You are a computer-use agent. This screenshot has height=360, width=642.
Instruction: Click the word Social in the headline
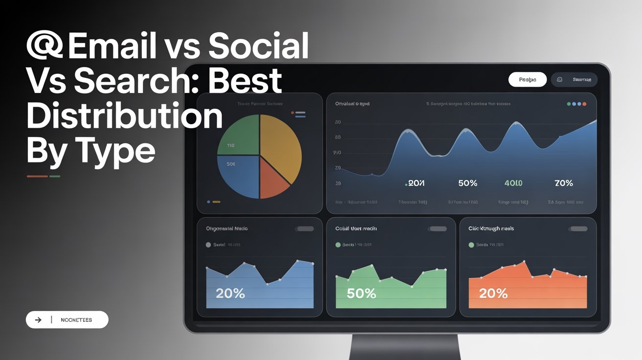point(258,45)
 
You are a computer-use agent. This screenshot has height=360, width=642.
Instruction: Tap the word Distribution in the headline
point(124,115)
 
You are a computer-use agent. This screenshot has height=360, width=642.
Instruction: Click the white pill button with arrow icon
point(67,320)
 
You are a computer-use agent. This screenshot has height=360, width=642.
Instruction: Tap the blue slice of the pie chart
point(238,176)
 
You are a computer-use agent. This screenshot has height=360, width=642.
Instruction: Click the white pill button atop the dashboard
point(527,80)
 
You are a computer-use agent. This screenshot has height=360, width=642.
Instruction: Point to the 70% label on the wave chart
point(563,183)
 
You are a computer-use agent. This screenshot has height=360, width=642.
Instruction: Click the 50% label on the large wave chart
point(467,183)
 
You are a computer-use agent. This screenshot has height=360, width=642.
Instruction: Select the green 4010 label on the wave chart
point(513,183)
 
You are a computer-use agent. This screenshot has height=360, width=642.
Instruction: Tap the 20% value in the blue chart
point(230,293)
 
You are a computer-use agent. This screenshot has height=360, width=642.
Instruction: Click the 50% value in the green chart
point(361,293)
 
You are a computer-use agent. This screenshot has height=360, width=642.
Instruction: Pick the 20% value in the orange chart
point(493,293)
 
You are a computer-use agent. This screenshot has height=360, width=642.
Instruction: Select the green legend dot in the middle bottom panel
point(338,245)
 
